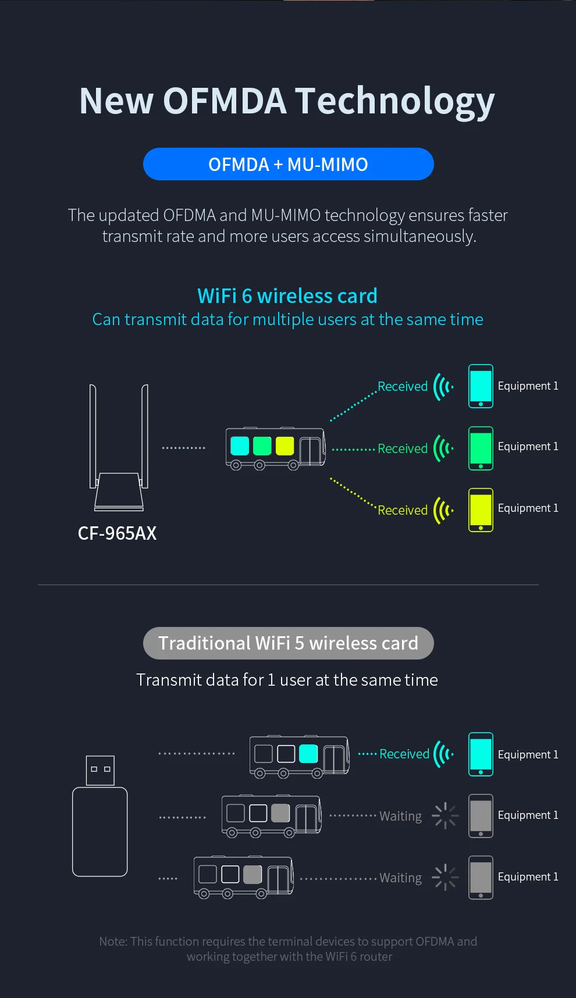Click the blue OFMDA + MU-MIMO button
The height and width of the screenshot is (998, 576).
point(288,164)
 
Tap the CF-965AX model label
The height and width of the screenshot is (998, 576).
point(117,533)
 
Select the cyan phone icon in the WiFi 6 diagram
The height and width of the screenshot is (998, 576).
point(481,386)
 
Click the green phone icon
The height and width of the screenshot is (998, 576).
point(481,448)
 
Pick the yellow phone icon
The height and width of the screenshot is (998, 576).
point(481,510)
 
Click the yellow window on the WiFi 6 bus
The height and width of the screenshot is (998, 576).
point(285,446)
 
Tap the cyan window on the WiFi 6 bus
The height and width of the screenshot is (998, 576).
point(240,446)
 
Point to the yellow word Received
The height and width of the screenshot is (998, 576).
point(403,510)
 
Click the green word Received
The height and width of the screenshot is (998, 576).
point(403,448)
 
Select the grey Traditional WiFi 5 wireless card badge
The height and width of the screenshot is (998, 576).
point(288,643)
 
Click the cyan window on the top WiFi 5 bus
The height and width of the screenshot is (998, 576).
point(308,754)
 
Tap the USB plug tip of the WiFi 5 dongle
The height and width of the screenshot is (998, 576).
point(100,770)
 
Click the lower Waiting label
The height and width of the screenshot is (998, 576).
point(400,878)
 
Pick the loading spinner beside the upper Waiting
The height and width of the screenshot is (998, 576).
point(445,815)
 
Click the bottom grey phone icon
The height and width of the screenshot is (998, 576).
point(481,878)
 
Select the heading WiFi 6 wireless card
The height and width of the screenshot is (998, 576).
point(287,296)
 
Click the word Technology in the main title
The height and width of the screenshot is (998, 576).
point(395,101)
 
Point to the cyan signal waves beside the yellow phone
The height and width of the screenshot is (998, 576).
point(443,510)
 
